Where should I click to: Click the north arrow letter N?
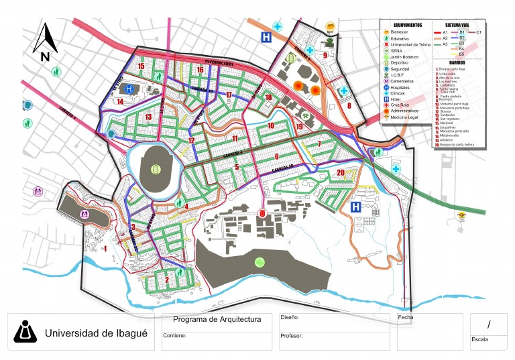(45, 57)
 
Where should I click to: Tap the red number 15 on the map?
(141, 66)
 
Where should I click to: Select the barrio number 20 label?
(341, 173)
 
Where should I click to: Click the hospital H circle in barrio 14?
(129, 88)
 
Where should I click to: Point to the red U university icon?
(262, 213)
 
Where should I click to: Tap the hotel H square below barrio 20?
(357, 208)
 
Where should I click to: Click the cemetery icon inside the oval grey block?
(85, 214)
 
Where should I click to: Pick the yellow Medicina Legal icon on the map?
(461, 215)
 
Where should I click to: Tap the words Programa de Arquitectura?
(217, 320)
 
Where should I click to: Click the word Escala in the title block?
(479, 339)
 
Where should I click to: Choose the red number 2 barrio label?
(166, 280)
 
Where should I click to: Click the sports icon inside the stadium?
(156, 168)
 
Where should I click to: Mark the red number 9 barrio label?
(325, 56)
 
